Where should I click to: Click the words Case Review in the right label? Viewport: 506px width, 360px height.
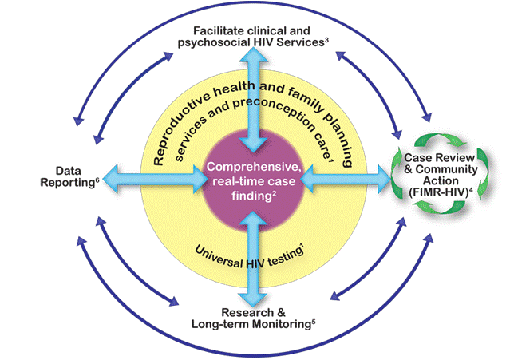coord(440,157)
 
